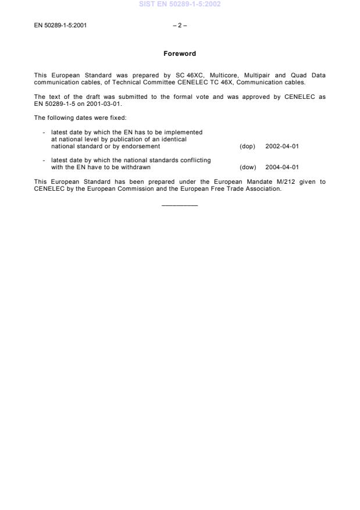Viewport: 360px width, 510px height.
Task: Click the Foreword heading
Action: (180, 54)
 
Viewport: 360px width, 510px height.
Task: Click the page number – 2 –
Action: (180, 26)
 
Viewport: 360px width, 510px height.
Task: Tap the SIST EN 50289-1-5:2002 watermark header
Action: (180, 5)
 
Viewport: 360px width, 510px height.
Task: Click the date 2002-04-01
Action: (282, 146)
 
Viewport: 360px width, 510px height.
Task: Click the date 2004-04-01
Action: (282, 167)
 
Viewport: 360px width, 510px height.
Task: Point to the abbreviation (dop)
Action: (248, 146)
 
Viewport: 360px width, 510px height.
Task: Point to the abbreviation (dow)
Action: (248, 167)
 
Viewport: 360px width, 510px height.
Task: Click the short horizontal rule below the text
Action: (180, 205)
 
